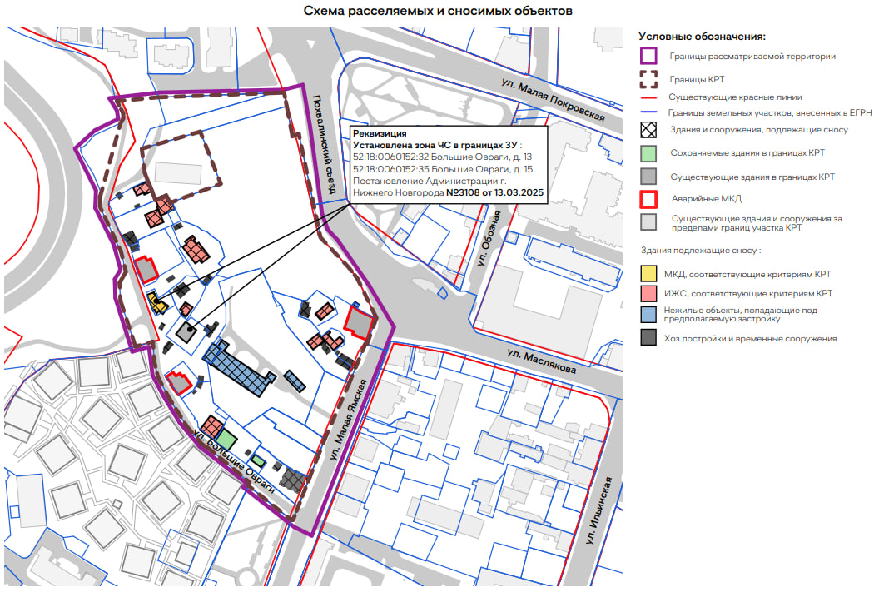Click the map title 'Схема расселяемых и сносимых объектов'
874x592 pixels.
(438, 11)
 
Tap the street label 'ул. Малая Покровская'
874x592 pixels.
(553, 99)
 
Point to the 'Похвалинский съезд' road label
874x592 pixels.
(324, 144)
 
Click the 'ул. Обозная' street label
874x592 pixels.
(489, 238)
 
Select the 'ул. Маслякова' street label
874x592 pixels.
(541, 361)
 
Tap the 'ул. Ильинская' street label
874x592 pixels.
(598, 510)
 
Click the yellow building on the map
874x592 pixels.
(156, 302)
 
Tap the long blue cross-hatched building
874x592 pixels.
(239, 367)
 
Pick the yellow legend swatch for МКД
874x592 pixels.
(648, 274)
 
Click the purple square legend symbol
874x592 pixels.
(648, 56)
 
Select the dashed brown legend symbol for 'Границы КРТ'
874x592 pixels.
(648, 79)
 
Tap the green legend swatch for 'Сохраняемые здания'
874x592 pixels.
(648, 152)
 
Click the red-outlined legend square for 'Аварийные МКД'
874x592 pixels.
(648, 199)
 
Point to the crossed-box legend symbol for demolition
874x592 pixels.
(648, 130)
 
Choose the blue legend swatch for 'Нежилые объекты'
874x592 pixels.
(648, 315)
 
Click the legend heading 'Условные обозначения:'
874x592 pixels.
(702, 37)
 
